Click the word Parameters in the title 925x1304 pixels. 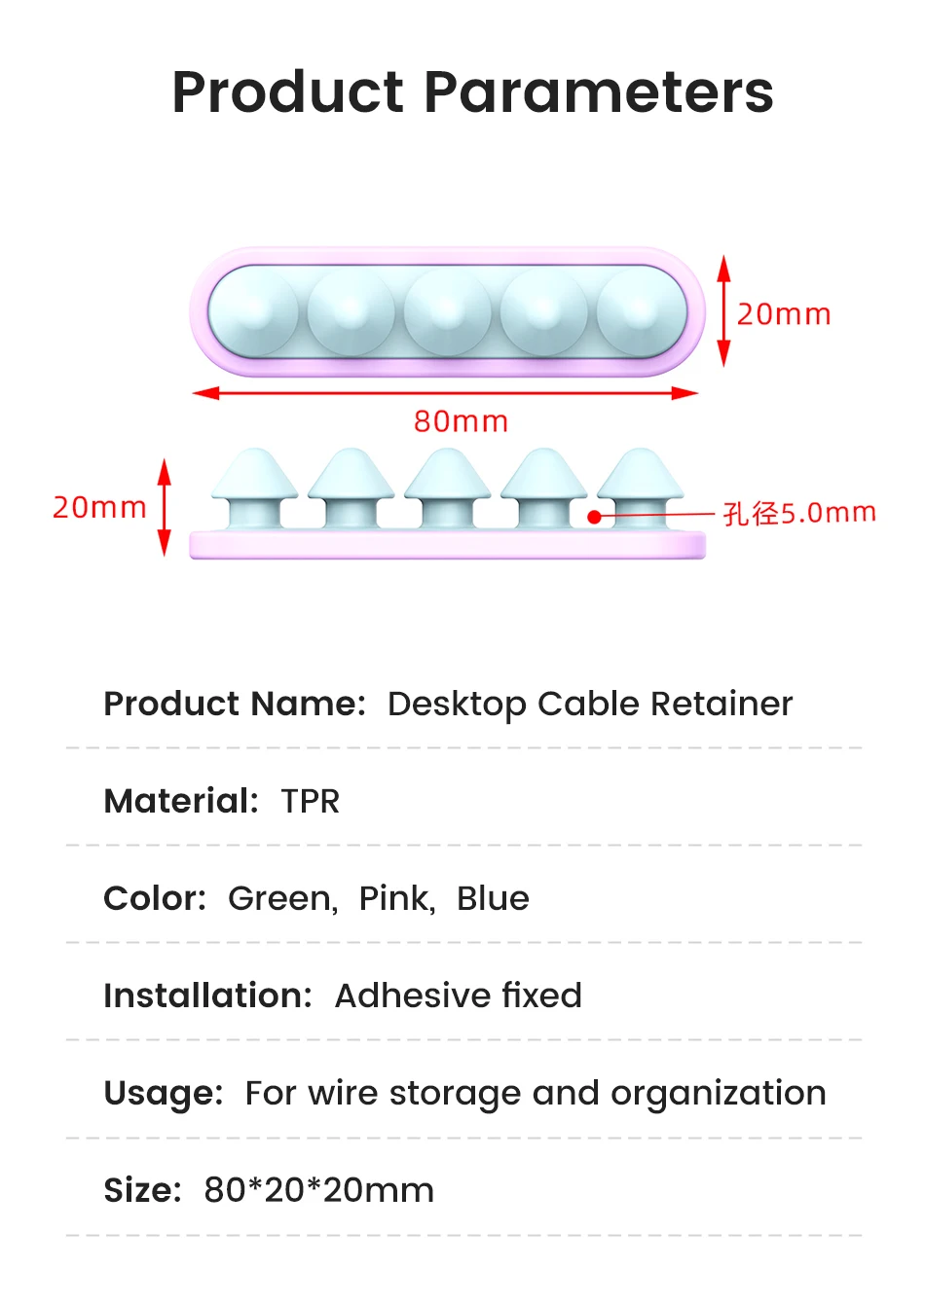pos(599,92)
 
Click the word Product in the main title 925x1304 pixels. pos(288,92)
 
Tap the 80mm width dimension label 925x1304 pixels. pos(461,421)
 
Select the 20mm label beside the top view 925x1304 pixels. pos(784,314)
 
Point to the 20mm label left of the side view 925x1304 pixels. pos(99,507)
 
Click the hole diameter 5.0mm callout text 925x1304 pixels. pos(799,513)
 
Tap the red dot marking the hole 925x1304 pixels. pos(594,517)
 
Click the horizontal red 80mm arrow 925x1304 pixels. pos(445,393)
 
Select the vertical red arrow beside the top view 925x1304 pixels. pos(723,311)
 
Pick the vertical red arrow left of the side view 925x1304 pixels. pos(164,507)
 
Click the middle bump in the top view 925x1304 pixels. pos(447,311)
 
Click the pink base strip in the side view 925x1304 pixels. pos(447,545)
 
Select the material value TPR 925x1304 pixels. pos(311,801)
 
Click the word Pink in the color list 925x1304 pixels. pos(394,898)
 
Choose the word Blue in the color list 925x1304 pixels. pos(493,898)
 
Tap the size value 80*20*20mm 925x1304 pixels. pos(318,1190)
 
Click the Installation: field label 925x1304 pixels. pos(207,996)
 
